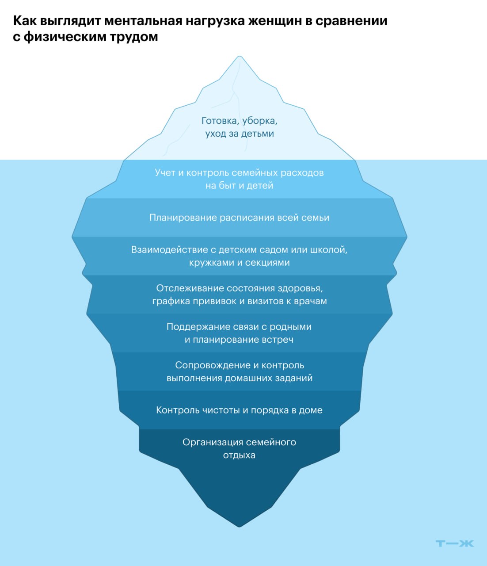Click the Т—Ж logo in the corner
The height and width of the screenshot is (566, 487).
pyautogui.click(x=454, y=543)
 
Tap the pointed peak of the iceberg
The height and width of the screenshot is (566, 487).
pyautogui.click(x=240, y=57)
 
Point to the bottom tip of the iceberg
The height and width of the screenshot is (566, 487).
pyautogui.click(x=240, y=525)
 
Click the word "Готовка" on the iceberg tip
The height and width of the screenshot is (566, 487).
pyautogui.click(x=219, y=121)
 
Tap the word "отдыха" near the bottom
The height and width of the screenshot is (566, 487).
pyautogui.click(x=239, y=455)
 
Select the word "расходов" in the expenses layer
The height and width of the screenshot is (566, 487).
pyautogui.click(x=303, y=172)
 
